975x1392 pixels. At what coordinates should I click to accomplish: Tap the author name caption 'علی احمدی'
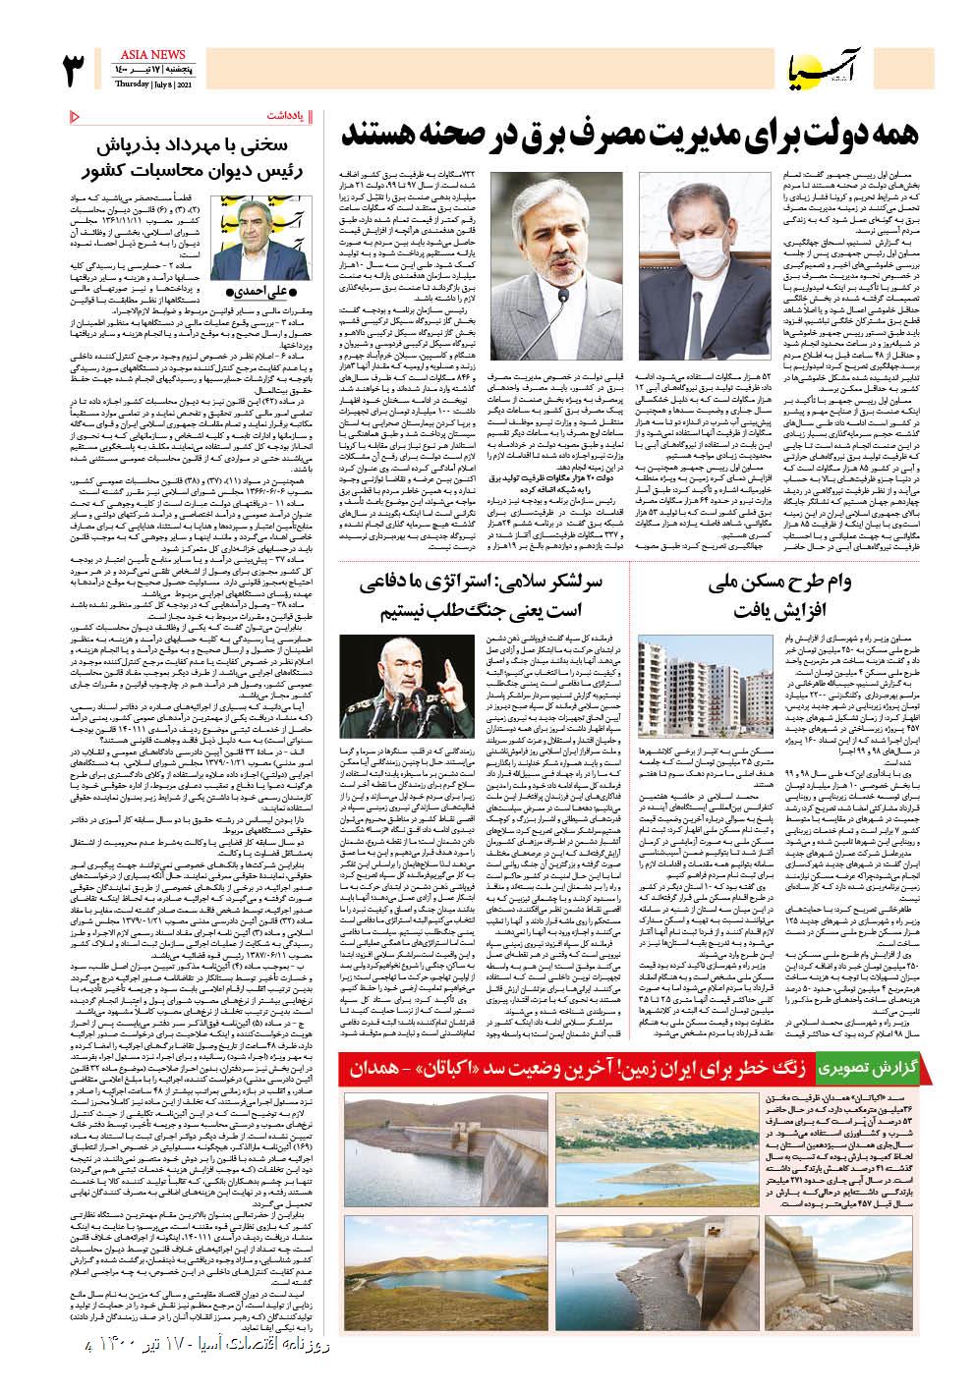(258, 291)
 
